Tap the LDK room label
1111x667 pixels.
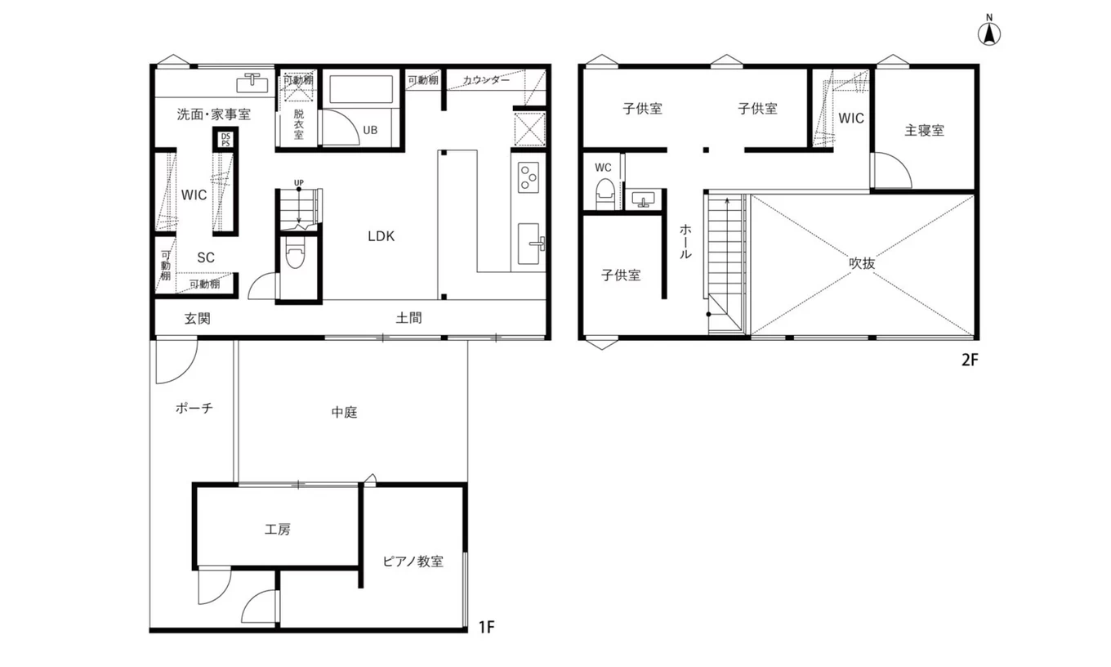[x=381, y=236]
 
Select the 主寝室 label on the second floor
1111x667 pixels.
[x=924, y=131]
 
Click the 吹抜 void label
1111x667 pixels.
[x=862, y=263]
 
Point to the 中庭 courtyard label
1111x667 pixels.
[x=344, y=412]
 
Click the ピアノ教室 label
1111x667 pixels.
[x=413, y=562]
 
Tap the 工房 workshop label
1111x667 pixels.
[x=277, y=530]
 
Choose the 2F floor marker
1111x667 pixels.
[x=970, y=360]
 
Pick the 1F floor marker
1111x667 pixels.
[x=487, y=627]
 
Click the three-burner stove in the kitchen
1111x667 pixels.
[x=529, y=177]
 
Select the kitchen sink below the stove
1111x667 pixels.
[x=530, y=244]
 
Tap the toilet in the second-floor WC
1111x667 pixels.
[x=605, y=194]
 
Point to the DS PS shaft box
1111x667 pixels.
[x=225, y=140]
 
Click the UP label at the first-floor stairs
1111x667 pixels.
[x=299, y=182]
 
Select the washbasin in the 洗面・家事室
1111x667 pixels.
[x=252, y=83]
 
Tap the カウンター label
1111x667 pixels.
[x=486, y=80]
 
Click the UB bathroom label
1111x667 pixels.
[x=370, y=130]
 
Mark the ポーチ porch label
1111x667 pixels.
[x=194, y=408]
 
